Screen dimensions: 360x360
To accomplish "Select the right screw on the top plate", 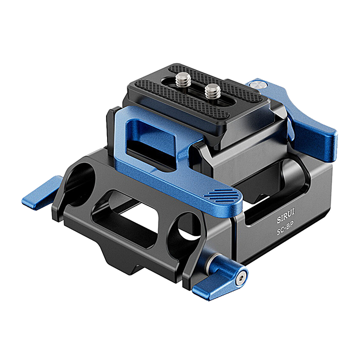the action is pyautogui.click(x=213, y=91).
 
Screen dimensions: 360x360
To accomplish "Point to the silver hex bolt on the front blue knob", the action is pyautogui.click(x=241, y=278).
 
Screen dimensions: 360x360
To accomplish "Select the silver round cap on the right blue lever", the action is pyautogui.click(x=257, y=84).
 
